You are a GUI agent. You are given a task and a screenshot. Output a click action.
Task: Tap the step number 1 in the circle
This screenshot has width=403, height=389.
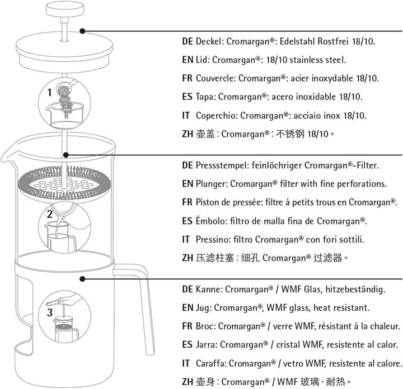pyautogui.click(x=50, y=91)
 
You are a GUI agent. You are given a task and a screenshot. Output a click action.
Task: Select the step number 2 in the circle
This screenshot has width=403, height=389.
pyautogui.click(x=50, y=214)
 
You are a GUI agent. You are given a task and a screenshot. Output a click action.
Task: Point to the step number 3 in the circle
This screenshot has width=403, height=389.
pyautogui.click(x=50, y=312)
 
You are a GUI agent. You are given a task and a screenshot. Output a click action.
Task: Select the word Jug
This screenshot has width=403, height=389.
pyautogui.click(x=203, y=308)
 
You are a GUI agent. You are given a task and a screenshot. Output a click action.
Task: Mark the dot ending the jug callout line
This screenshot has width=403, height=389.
pyautogui.click(x=82, y=278)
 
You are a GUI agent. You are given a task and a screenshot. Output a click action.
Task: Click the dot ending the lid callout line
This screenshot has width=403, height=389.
pyautogui.click(x=82, y=31)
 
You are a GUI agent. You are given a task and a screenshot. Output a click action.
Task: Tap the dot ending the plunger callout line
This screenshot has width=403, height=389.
pyautogui.click(x=65, y=154)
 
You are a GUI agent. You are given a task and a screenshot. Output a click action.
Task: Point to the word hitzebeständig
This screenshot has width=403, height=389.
pyautogui.click(x=352, y=290)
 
